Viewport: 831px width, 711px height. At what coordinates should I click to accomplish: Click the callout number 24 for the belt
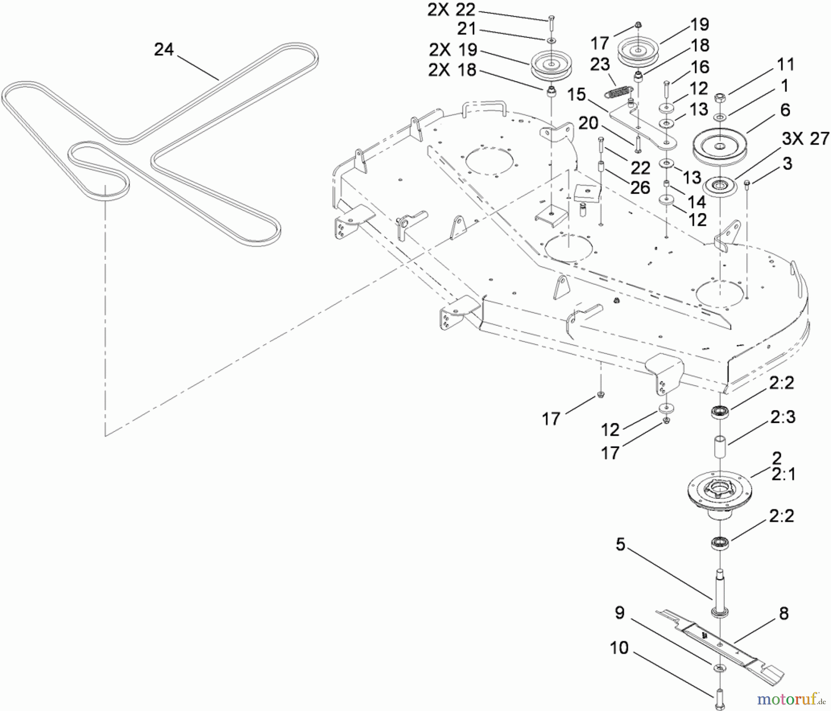pyautogui.click(x=164, y=49)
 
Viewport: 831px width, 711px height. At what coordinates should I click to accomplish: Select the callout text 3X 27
pyautogui.click(x=806, y=138)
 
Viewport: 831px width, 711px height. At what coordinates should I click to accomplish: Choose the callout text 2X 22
pyautogui.click(x=452, y=10)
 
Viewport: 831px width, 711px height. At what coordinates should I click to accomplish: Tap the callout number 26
pyautogui.click(x=640, y=188)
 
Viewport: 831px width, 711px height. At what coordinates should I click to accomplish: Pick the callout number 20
pyautogui.click(x=588, y=123)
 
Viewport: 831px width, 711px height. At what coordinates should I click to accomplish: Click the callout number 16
pyautogui.click(x=700, y=67)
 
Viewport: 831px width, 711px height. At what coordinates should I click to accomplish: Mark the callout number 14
pyautogui.click(x=697, y=202)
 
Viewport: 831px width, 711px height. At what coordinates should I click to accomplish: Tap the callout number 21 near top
pyautogui.click(x=466, y=29)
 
